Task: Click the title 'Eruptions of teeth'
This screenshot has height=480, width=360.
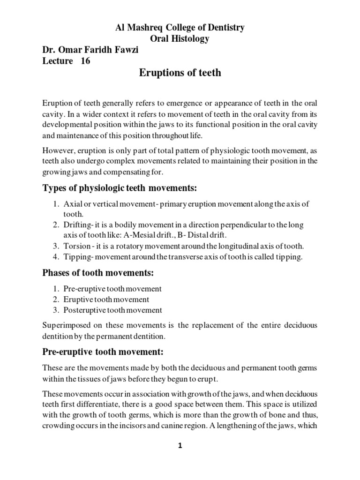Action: pyautogui.click(x=180, y=73)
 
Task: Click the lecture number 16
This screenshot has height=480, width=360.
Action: pyautogui.click(x=85, y=60)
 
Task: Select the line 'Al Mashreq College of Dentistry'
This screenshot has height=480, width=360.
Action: pyautogui.click(x=180, y=28)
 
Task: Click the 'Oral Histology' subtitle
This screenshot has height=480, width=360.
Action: pyautogui.click(x=180, y=39)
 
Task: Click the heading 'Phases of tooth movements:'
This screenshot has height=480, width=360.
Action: pyautogui.click(x=98, y=272)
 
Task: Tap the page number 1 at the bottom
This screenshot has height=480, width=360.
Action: pyautogui.click(x=180, y=446)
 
